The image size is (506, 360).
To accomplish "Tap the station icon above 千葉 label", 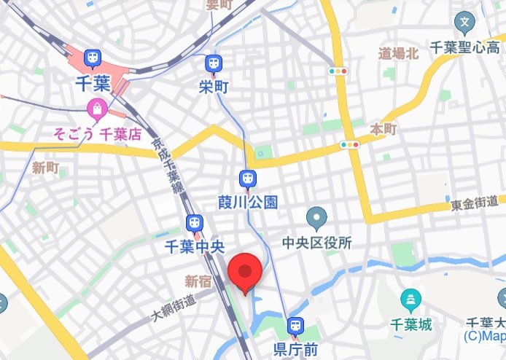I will (93, 58).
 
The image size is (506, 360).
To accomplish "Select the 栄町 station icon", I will (213, 63).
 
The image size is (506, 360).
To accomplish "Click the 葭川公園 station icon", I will (248, 177).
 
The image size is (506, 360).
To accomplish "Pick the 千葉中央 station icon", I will (194, 223).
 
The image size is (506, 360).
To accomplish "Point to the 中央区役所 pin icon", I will (316, 216).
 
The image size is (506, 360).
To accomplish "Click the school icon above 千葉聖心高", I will (464, 23).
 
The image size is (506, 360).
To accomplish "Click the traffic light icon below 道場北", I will (338, 71).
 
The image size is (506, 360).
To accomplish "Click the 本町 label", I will (384, 129).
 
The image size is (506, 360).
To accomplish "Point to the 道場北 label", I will (398, 52).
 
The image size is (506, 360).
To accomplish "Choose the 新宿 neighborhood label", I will (198, 281).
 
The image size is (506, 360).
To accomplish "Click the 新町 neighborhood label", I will (45, 168).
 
